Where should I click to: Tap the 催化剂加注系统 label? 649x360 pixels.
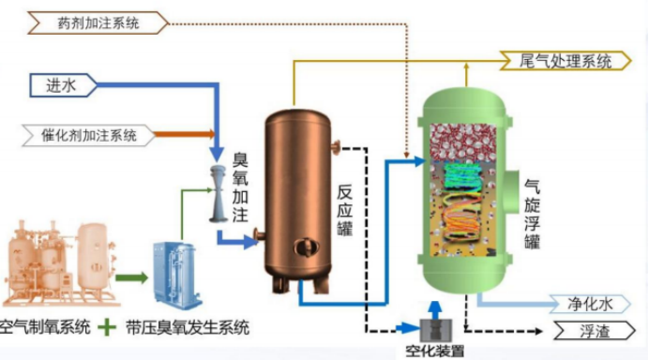pyautogui.click(x=90, y=135)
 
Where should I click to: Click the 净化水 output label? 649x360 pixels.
pyautogui.click(x=590, y=303)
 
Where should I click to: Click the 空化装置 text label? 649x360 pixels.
pyautogui.click(x=434, y=352)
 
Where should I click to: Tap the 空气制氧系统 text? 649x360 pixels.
pyautogui.click(x=46, y=327)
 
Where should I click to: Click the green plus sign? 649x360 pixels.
pyautogui.click(x=108, y=327)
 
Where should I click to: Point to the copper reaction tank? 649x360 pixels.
pyautogui.click(x=297, y=197)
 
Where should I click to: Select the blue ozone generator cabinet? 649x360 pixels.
pyautogui.click(x=177, y=272)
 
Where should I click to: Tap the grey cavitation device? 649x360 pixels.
pyautogui.click(x=433, y=328)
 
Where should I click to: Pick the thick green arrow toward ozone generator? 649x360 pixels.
pyautogui.click(x=131, y=277)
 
